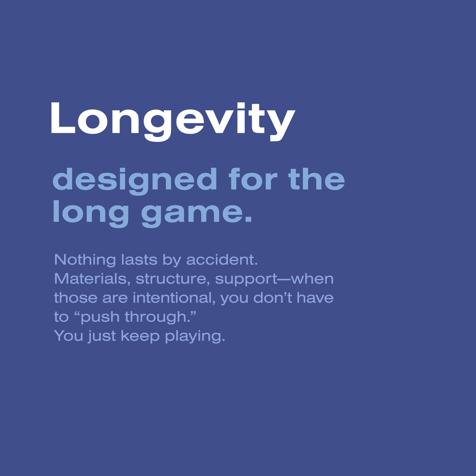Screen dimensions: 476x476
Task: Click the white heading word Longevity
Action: point(173,121)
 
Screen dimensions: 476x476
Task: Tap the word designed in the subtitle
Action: point(135,181)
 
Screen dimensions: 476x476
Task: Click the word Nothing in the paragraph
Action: point(85,260)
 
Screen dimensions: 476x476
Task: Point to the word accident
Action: point(222,260)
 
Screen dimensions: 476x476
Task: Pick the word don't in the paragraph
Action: point(272,298)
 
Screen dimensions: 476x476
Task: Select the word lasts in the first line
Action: point(139,260)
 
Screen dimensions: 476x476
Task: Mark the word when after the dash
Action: point(312,279)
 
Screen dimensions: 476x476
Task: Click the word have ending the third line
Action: point(315,298)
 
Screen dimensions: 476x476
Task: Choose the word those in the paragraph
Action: point(76,298)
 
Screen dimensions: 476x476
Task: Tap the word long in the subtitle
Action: point(91,214)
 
